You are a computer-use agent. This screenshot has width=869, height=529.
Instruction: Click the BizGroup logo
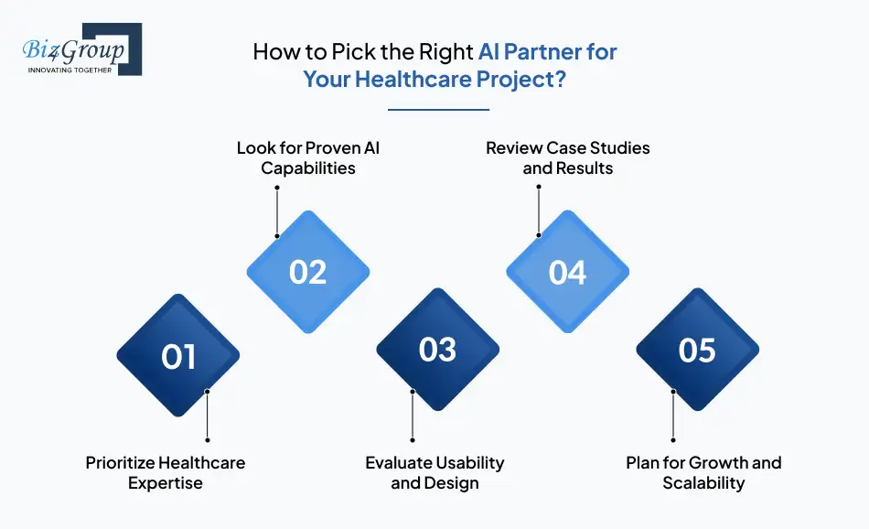[82, 49]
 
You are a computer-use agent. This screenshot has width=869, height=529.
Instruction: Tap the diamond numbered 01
[177, 355]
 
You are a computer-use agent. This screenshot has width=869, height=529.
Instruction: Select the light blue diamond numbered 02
[308, 272]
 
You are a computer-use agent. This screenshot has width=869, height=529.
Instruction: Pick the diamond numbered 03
[438, 350]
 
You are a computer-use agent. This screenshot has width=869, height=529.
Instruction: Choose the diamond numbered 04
[567, 272]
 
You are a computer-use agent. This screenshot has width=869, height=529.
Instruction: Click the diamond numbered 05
[697, 350]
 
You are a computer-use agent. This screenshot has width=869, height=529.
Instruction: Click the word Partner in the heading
[542, 51]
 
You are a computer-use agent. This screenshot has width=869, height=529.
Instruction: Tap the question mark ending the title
[561, 79]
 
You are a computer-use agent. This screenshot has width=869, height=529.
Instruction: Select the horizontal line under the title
[438, 110]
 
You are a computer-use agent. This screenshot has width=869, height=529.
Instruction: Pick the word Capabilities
[308, 168]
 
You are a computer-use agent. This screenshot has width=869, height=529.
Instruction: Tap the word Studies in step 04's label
[619, 148]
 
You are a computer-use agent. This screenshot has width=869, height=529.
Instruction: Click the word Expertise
[166, 483]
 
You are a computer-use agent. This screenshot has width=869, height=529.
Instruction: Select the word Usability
[469, 462]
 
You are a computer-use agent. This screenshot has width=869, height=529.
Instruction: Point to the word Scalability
[703, 483]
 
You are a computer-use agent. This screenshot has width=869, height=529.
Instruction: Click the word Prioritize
[119, 462]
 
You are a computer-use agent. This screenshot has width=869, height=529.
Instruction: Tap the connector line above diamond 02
[277, 211]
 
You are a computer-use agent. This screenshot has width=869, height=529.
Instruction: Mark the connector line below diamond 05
[673, 416]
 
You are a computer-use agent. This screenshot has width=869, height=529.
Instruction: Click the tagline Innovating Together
[70, 70]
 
